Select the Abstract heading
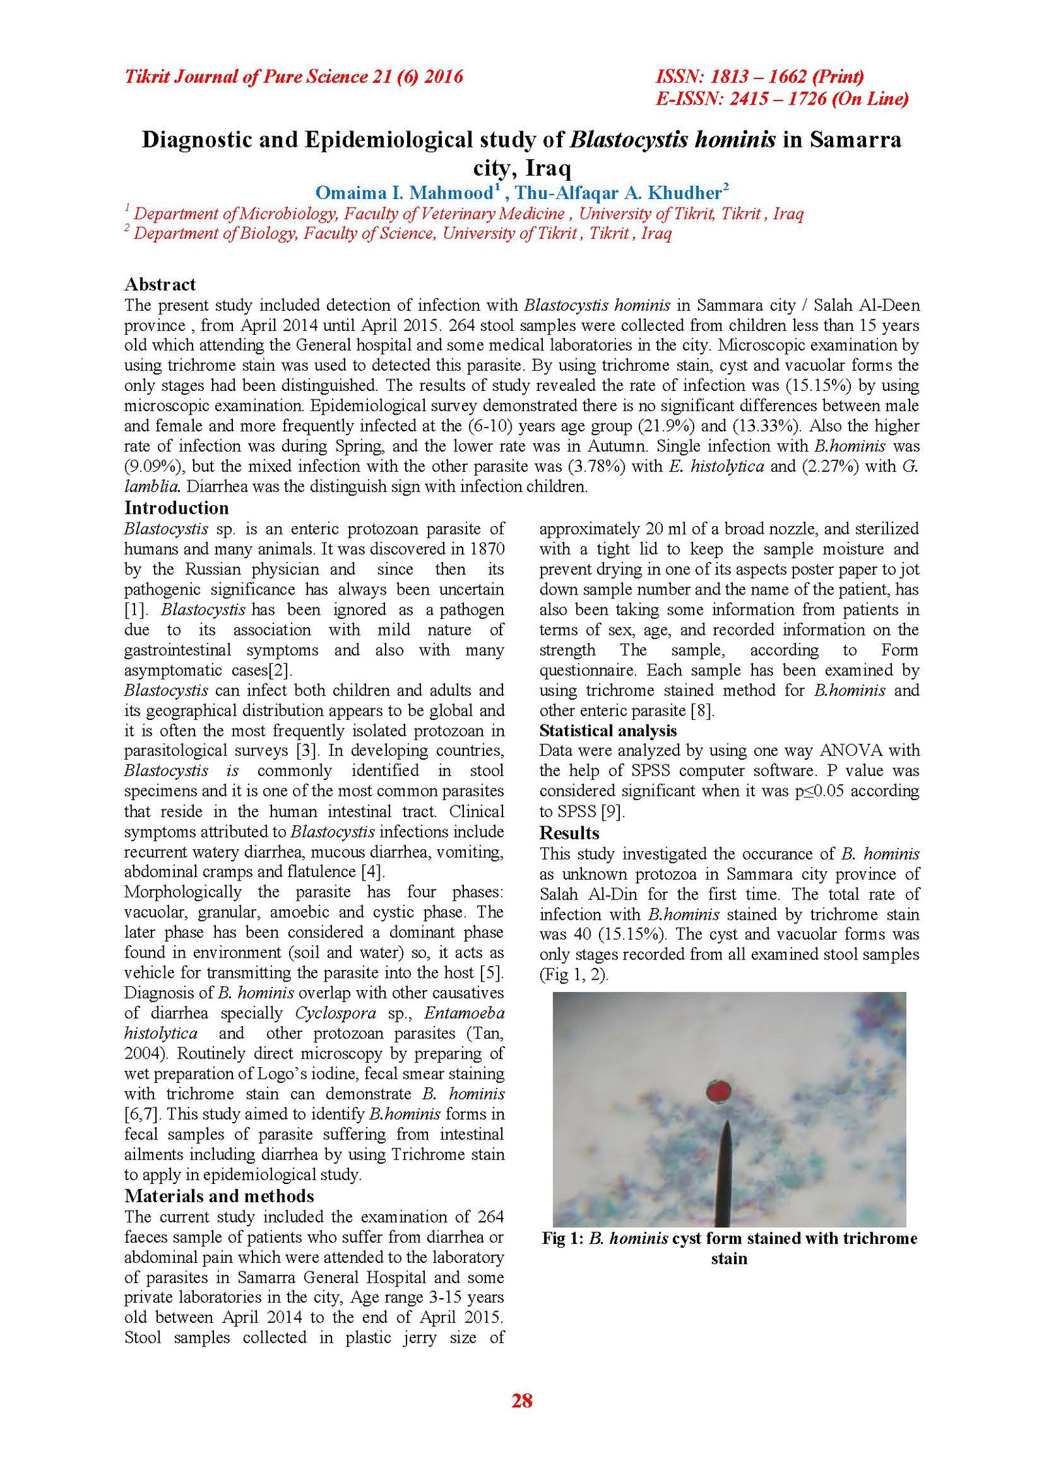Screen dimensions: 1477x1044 coord(160,284)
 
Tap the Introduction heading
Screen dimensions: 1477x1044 coord(176,508)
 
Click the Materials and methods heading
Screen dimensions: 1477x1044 coord(219,1196)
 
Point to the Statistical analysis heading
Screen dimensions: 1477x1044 coord(608,730)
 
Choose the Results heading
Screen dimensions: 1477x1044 coord(569,833)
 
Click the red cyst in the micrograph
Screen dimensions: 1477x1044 coord(720,1090)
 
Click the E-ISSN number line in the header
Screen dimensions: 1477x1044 coord(782,99)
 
